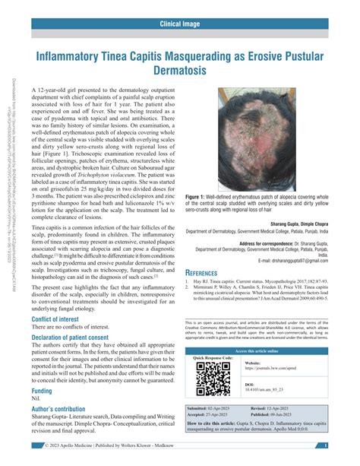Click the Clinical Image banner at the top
(x=179, y=24)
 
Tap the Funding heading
(x=42, y=411)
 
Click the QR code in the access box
(x=212, y=378)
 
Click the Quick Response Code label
(x=214, y=357)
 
